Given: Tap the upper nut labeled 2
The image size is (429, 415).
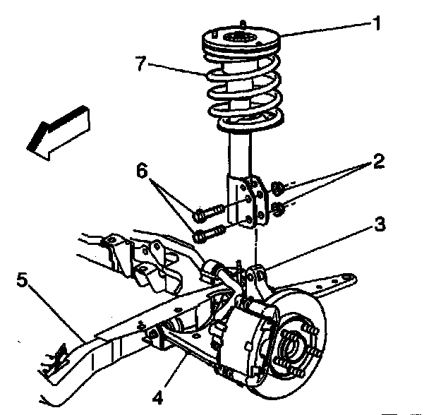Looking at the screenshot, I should tap(279, 187).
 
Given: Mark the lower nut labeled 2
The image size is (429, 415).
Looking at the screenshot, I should tap(279, 207).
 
